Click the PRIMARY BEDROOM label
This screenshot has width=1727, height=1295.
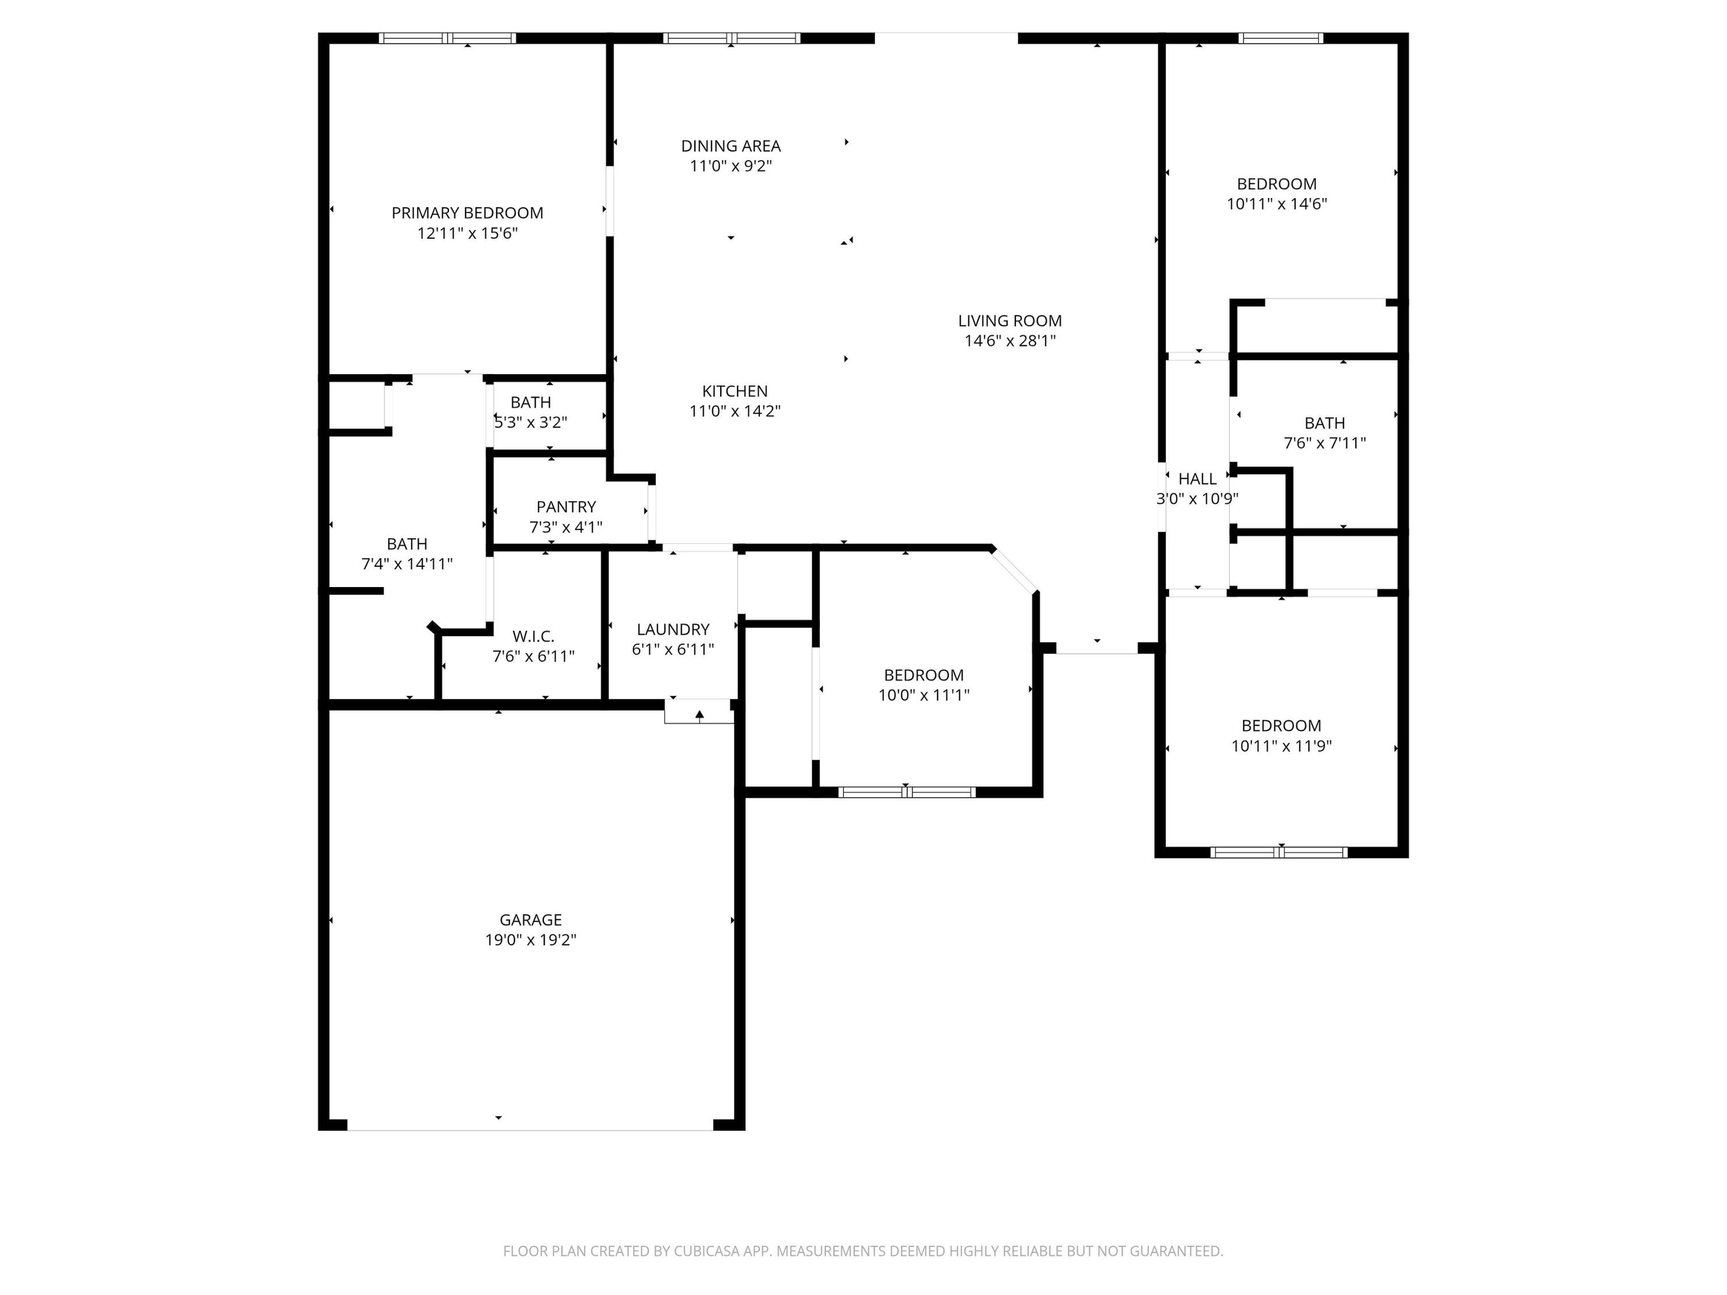[467, 212]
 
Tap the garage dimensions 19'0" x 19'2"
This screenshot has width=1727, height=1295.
[530, 940]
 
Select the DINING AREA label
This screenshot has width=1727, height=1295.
[730, 146]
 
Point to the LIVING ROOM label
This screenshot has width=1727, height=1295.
[1010, 321]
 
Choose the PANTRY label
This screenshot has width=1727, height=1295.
[565, 506]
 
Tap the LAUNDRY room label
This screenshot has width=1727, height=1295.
[672, 629]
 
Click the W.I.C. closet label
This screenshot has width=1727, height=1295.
[533, 636]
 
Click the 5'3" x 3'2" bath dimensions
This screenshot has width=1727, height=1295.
[530, 422]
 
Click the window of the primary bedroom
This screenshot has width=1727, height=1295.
[447, 38]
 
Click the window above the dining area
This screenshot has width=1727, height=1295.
[732, 38]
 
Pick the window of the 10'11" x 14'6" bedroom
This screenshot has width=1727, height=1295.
[1280, 38]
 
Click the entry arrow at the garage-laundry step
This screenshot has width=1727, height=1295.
[699, 714]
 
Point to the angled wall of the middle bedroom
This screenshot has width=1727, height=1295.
[1014, 570]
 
